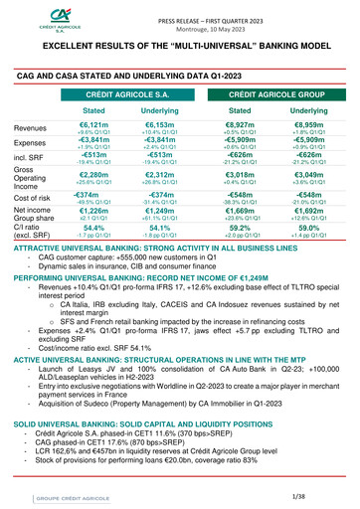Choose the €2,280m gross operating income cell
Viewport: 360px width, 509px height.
[94, 203]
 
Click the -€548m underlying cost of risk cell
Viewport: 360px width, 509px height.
[308, 223]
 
